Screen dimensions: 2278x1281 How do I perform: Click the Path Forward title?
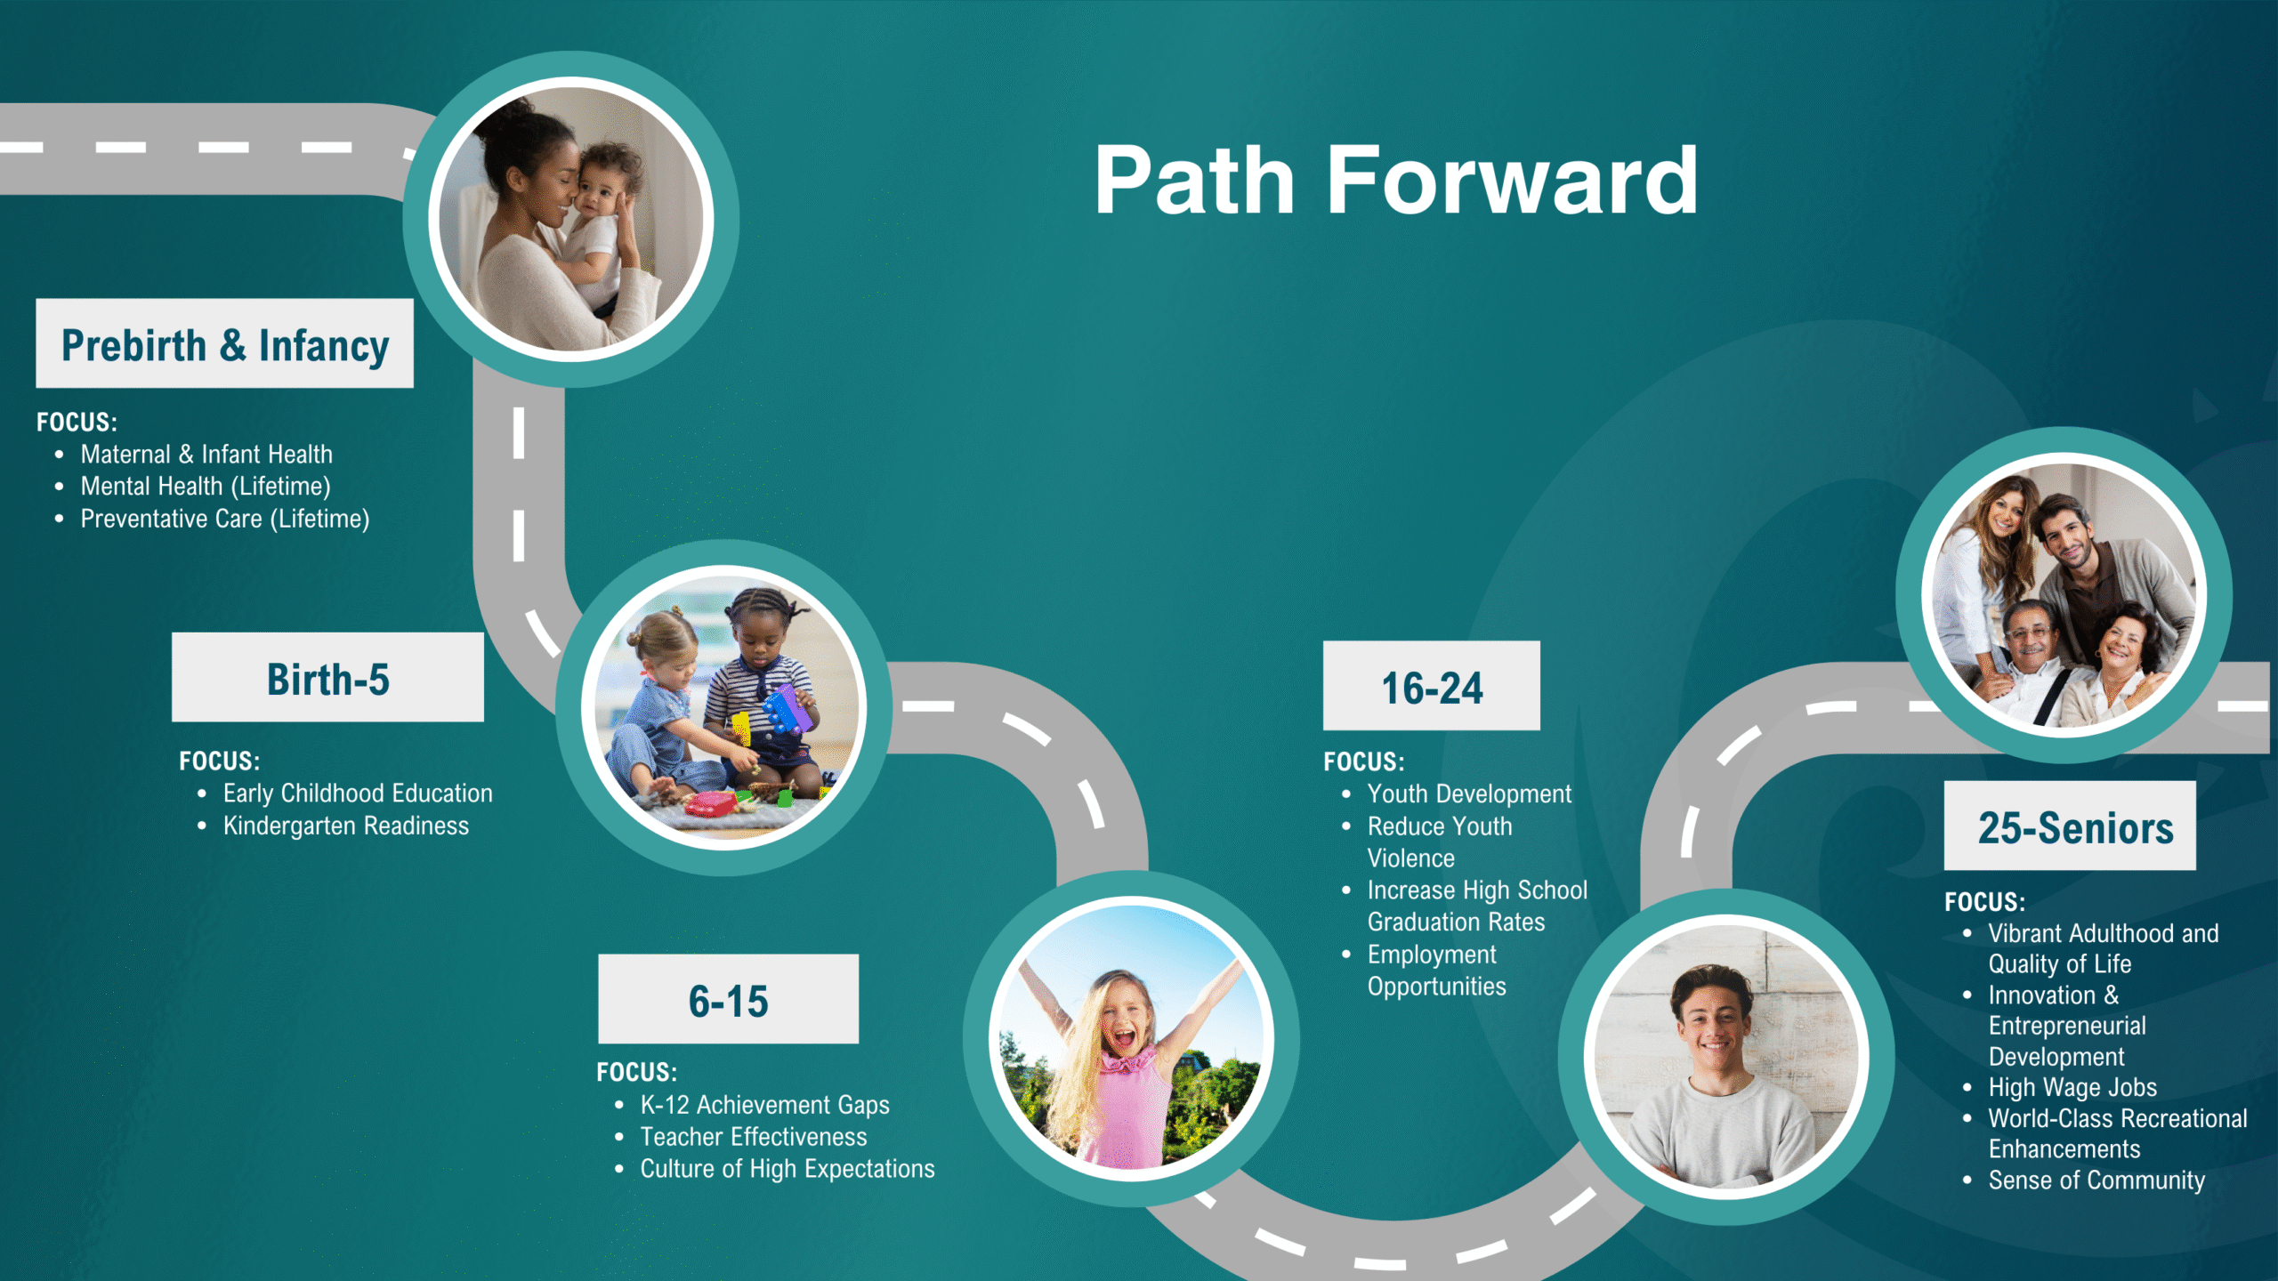pos(1396,181)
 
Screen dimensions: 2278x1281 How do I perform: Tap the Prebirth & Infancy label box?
pos(224,343)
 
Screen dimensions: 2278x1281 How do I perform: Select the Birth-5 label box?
pos(327,677)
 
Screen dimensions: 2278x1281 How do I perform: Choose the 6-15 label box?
pos(728,999)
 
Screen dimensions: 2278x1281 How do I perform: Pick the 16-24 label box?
pos(1431,686)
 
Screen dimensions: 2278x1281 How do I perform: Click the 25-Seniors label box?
pos(2070,826)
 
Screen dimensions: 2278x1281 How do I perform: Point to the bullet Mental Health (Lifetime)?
pos(206,487)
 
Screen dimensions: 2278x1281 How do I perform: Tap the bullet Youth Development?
pos(1469,794)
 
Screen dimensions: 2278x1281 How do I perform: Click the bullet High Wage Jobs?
pos(2072,1088)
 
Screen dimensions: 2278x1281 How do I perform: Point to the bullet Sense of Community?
pos(2096,1180)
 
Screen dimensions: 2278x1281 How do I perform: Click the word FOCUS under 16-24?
pos(1364,762)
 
